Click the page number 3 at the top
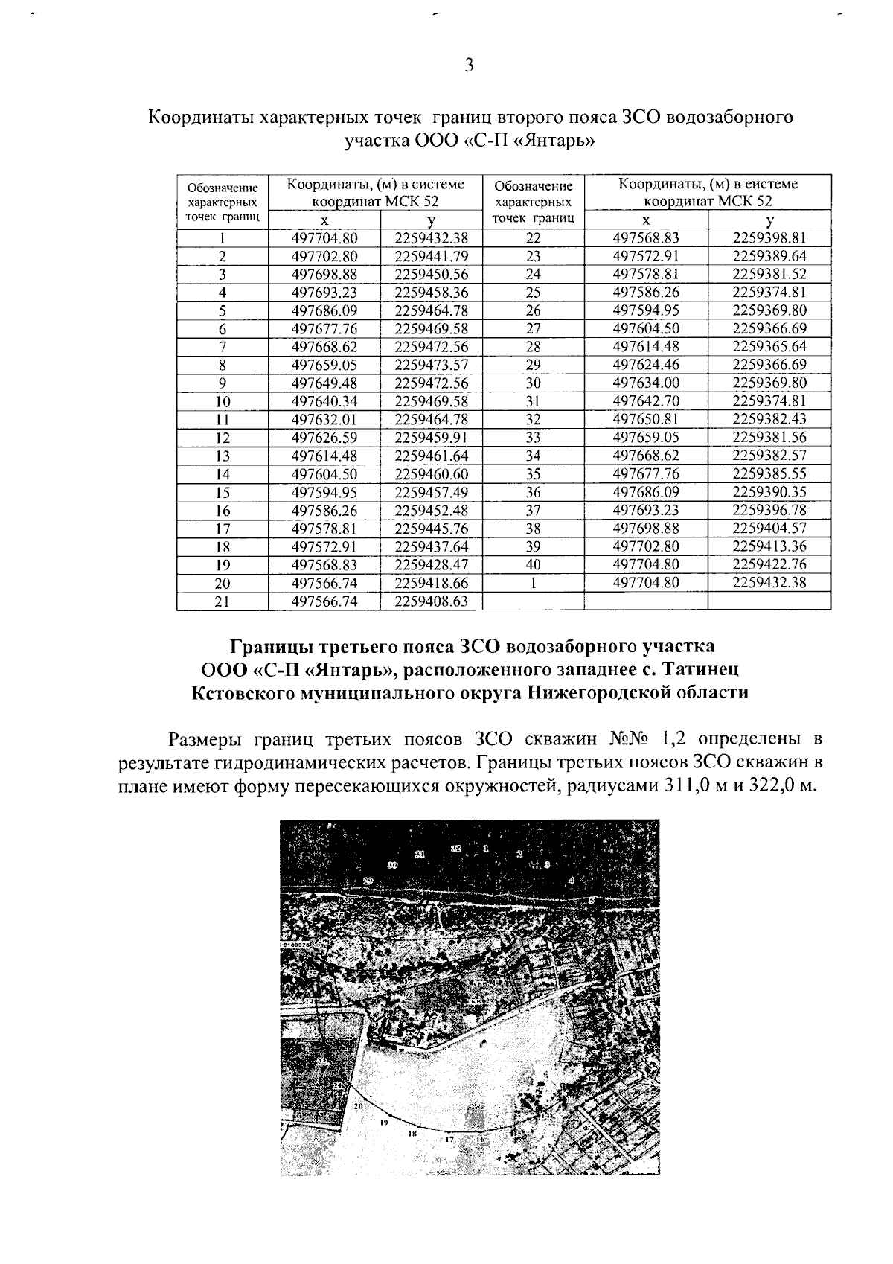(x=469, y=66)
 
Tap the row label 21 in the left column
(x=222, y=601)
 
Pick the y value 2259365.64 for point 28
(x=769, y=346)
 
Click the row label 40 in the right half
(x=533, y=564)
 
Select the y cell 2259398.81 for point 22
(x=769, y=238)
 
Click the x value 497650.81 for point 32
(x=646, y=419)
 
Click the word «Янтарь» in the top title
(x=554, y=141)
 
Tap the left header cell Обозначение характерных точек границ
(x=222, y=202)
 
